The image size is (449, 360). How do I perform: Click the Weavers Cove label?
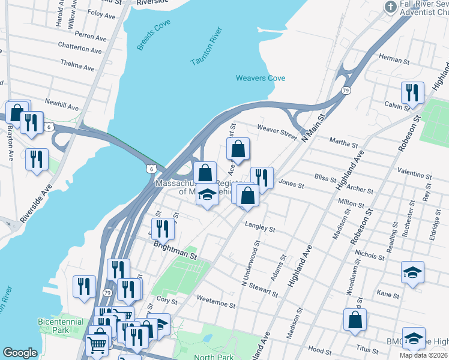pos(260,78)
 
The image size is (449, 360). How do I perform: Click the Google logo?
pos(20,353)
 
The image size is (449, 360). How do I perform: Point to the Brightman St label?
pos(175,250)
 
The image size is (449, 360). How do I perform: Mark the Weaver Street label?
pos(277,132)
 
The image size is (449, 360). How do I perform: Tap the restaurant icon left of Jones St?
pos(261,176)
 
